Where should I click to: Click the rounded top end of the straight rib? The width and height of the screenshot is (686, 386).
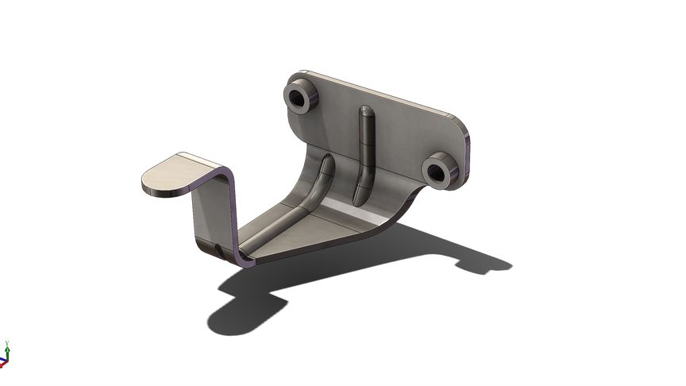coord(364,110)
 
